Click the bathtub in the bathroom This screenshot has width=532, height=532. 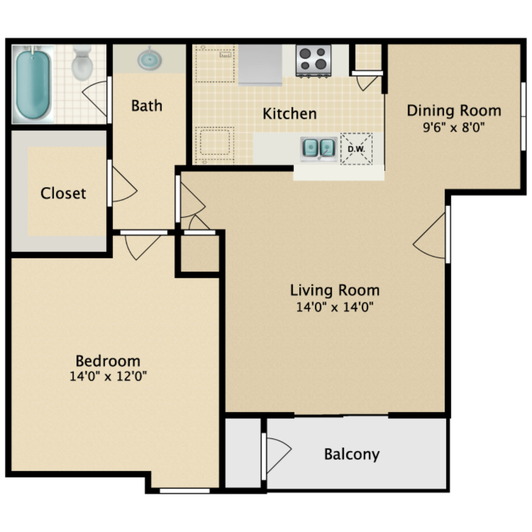(x=33, y=84)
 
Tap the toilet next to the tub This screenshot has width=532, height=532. (x=82, y=63)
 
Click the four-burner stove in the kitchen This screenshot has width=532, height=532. (x=313, y=61)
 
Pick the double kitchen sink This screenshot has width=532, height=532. (x=319, y=149)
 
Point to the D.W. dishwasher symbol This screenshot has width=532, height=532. (x=356, y=149)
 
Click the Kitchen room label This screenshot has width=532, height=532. (x=290, y=114)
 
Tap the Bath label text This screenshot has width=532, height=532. (x=147, y=105)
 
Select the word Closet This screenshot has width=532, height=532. (x=63, y=193)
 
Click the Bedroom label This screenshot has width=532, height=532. (x=108, y=361)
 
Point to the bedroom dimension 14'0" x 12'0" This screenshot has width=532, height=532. (x=108, y=376)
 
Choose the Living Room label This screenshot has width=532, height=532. (x=335, y=291)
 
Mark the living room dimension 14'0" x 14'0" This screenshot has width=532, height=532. (x=335, y=307)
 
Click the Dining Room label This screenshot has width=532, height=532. (x=454, y=111)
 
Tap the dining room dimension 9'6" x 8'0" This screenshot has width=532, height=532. (x=454, y=127)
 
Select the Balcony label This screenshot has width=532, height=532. (x=352, y=454)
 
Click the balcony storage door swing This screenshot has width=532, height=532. (x=278, y=455)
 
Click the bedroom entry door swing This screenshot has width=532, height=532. (x=142, y=247)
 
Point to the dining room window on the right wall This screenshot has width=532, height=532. (x=523, y=116)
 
